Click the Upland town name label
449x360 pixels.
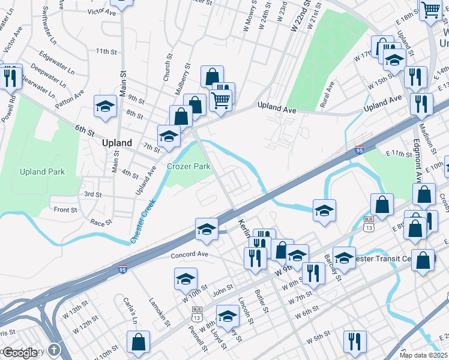116,143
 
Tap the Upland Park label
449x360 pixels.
42,172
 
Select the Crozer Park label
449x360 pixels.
188,167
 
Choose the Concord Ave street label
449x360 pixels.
189,255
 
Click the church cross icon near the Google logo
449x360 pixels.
54,350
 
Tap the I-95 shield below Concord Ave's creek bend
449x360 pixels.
122,269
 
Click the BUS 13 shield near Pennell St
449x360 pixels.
196,313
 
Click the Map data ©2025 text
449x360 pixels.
423,355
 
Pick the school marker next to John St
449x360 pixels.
185,278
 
